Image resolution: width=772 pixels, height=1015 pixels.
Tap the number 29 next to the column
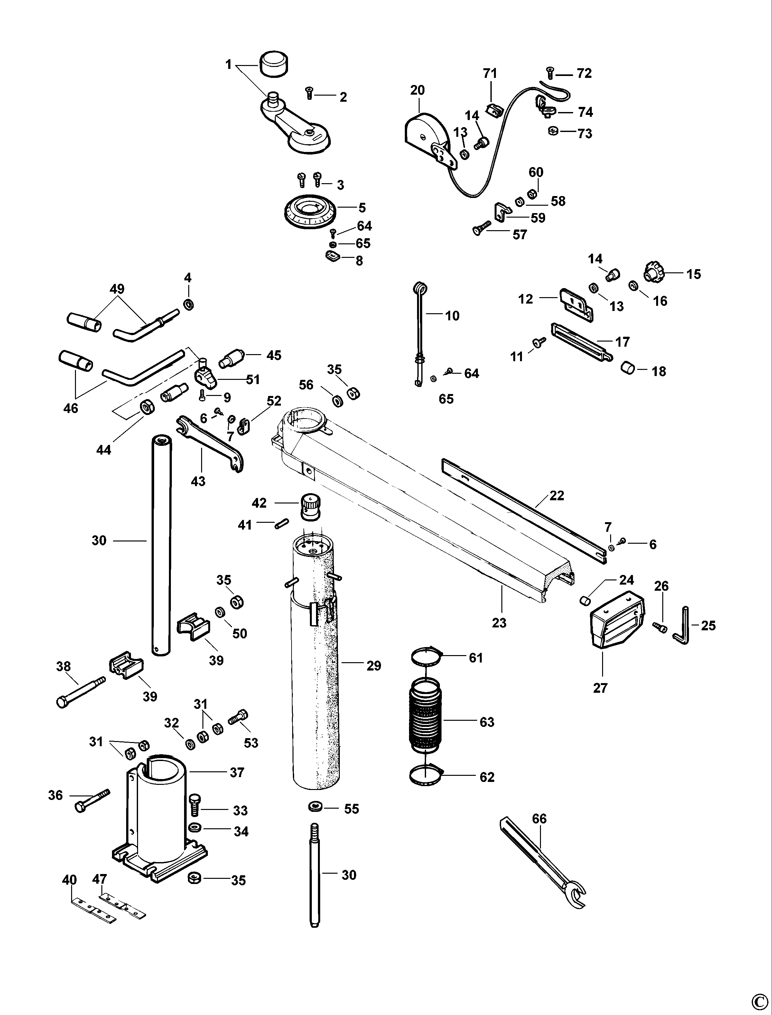click(374, 666)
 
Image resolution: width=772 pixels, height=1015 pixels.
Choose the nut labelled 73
click(553, 131)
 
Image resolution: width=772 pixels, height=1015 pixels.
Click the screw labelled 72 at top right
click(550, 73)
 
